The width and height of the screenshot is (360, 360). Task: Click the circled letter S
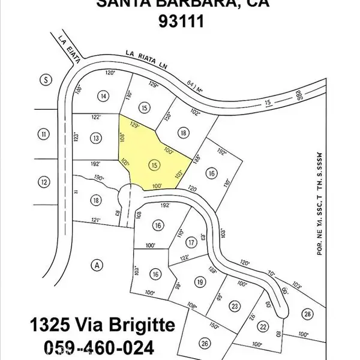tap(44, 79)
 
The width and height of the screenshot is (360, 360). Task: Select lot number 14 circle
tap(104, 96)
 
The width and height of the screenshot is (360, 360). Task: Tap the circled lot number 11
tap(43, 134)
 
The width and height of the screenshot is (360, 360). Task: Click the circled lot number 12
tap(43, 181)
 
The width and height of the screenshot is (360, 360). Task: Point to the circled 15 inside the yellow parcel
tap(155, 164)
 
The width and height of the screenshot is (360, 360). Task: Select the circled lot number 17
tap(191, 242)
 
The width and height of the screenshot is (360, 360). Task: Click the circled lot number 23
tap(235, 305)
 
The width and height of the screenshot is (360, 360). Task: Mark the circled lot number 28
tap(308, 314)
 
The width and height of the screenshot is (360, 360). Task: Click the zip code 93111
tap(182, 22)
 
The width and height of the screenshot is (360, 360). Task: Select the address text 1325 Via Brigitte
tap(103, 326)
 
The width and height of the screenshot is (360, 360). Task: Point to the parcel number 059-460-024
tap(99, 347)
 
